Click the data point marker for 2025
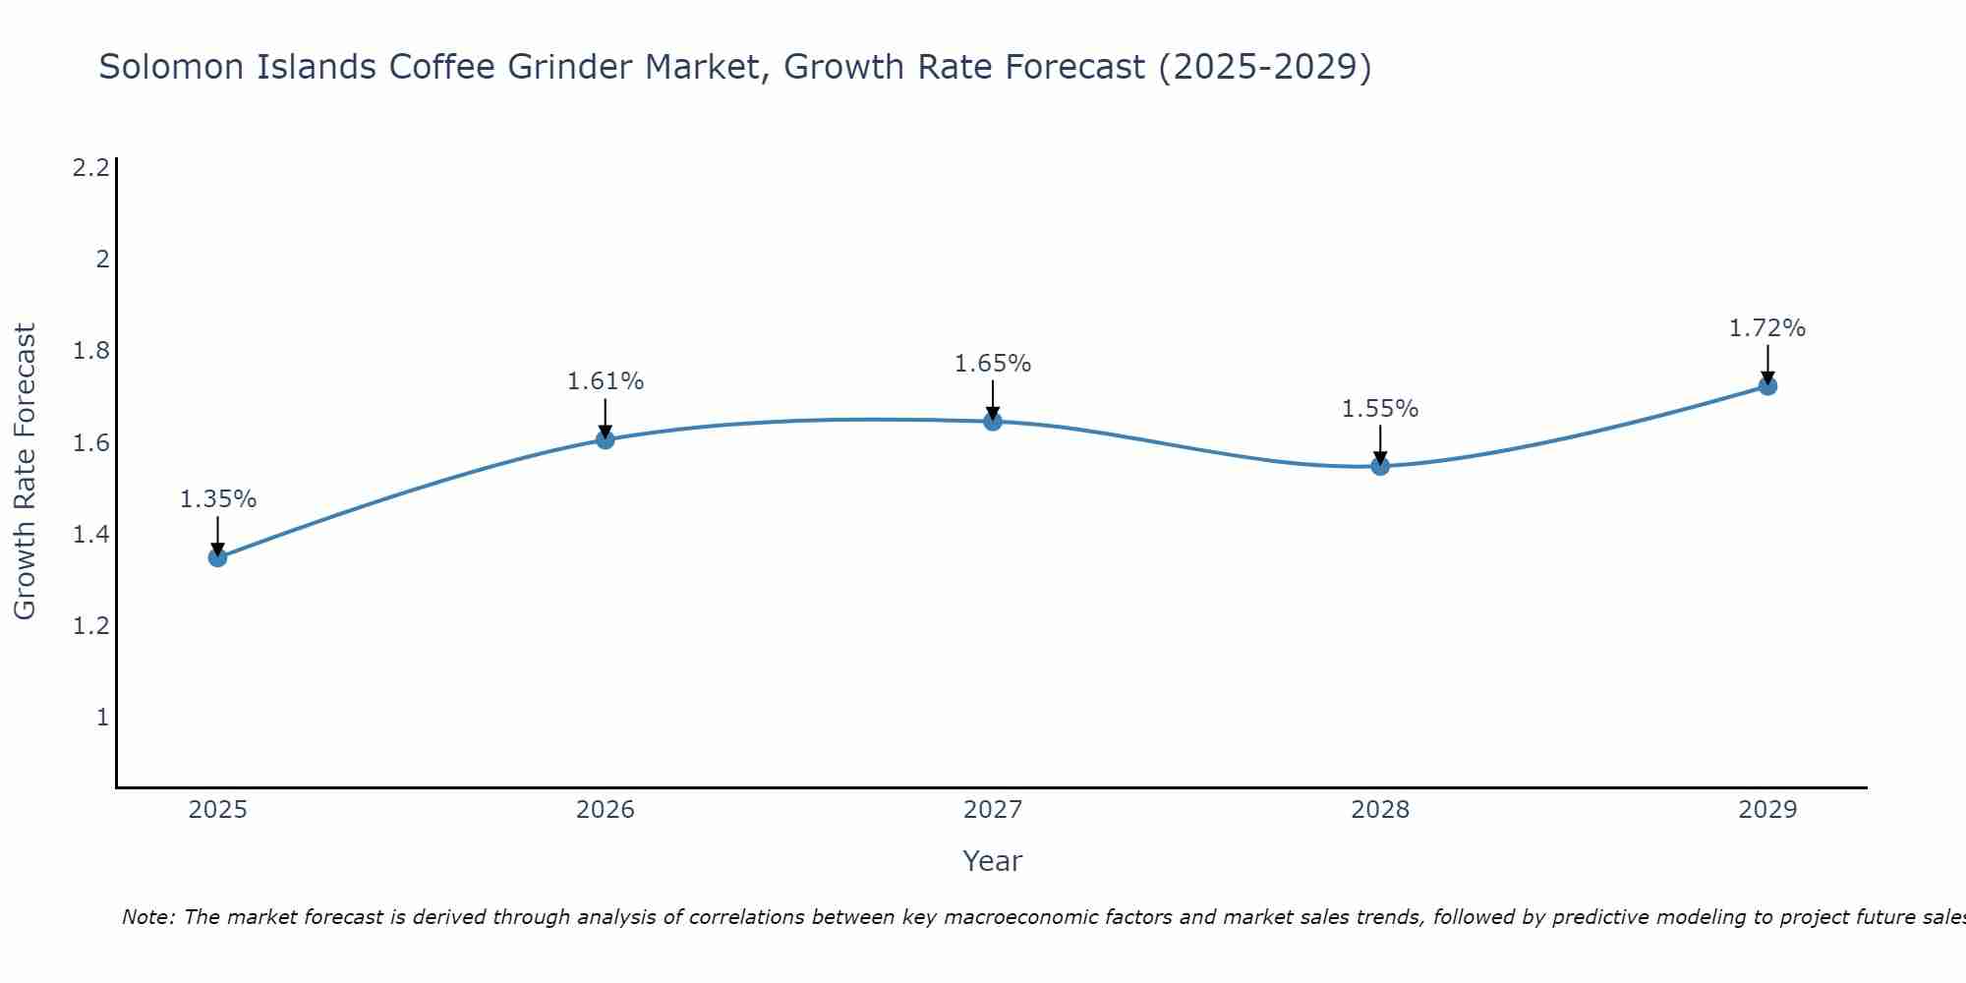pos(217,557)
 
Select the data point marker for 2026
pos(606,439)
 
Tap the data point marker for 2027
pos(993,422)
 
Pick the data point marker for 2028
pos(1380,466)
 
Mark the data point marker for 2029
pos(1767,386)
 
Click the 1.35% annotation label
pos(217,499)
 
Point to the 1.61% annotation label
pos(606,381)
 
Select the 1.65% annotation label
pos(993,364)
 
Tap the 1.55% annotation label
pos(1380,409)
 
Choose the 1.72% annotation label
pos(1767,328)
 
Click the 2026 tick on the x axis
pos(606,810)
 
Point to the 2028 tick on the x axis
pos(1380,810)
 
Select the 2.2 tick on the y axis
pos(90,168)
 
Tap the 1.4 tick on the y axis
pos(90,535)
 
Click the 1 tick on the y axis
pos(101,718)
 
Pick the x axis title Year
pos(992,861)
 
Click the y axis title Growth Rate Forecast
pos(25,472)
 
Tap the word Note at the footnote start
pos(147,917)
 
